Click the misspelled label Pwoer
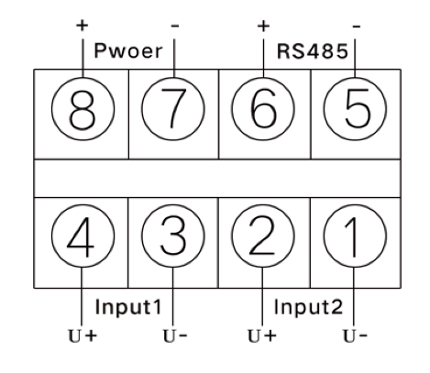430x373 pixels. point(128,50)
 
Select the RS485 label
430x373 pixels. point(312,50)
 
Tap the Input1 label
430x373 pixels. point(128,306)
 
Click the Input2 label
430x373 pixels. point(308,306)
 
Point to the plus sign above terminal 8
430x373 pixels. point(82,26)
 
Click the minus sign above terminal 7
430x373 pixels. point(175,26)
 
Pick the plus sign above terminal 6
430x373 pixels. point(263,27)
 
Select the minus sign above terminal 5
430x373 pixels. point(357,27)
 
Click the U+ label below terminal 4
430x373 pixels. point(83,335)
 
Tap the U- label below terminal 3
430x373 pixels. point(175,335)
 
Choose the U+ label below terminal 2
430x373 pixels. point(262,335)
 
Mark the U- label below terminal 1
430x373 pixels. point(355,335)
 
